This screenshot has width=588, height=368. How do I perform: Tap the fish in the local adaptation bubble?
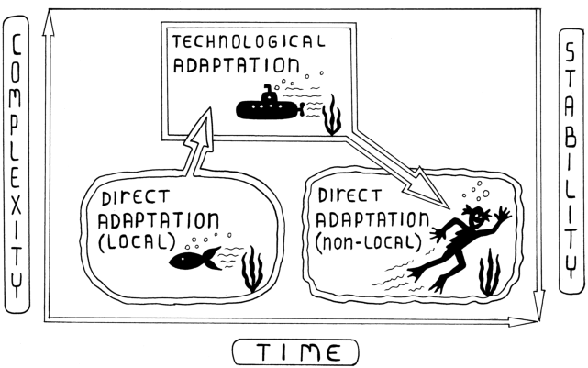click(195, 259)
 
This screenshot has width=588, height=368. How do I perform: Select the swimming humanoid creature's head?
click(477, 216)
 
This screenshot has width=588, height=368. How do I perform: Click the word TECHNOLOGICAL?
click(249, 41)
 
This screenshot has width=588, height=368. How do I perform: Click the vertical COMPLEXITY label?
click(16, 165)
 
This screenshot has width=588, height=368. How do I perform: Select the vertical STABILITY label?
click(571, 161)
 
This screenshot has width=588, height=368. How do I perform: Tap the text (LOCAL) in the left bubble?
click(137, 242)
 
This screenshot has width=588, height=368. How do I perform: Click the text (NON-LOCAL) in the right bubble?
click(369, 242)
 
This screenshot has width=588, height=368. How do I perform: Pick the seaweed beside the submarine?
click(332, 116)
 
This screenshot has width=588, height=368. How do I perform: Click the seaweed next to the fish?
click(252, 269)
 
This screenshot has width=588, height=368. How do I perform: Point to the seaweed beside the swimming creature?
click(489, 273)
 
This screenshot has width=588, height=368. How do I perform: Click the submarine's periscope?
click(268, 90)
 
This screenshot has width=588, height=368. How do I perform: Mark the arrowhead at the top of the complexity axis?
click(48, 23)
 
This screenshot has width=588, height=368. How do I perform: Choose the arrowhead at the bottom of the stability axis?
click(538, 306)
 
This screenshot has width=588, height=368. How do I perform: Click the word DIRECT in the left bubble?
click(136, 197)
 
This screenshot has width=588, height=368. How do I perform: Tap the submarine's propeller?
click(301, 109)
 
